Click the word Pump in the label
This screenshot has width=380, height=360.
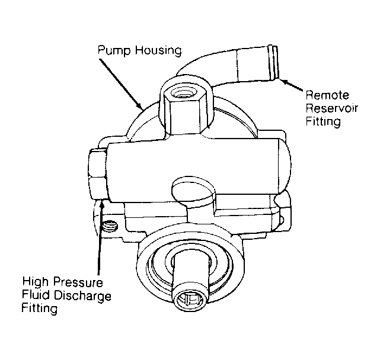coord(114,50)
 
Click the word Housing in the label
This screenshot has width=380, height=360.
coord(158,50)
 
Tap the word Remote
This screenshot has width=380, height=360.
coord(327,95)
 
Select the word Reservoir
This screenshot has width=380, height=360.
coord(332,108)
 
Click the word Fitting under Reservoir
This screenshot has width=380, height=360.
coord(323,121)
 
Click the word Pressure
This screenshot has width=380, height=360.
coord(78,282)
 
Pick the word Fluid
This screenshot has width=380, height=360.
coord(36,295)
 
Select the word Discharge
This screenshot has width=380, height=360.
coord(82,296)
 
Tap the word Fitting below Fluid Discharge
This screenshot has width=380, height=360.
coord(40,308)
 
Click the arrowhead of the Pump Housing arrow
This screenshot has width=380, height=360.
coord(139,106)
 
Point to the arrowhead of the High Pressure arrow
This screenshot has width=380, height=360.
coord(102,205)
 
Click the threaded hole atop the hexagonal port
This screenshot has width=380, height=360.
coord(183,94)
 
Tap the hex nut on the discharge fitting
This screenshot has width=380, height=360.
coord(97,174)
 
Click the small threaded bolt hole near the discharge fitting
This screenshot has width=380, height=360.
coord(110,227)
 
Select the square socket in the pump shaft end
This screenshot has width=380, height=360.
coord(190,300)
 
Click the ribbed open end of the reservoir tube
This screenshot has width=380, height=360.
coord(274,63)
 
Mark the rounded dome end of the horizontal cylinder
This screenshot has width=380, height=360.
coord(285,166)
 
